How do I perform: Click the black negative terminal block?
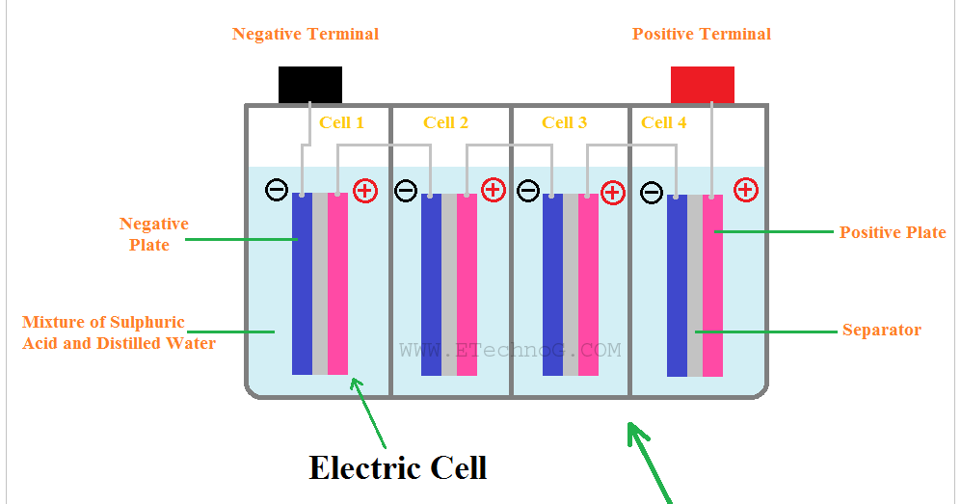pos(309,85)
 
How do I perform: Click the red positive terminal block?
pos(702,85)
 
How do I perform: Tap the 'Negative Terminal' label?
pos(306,35)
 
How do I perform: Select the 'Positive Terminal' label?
pos(701,35)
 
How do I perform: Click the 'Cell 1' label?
pos(342,122)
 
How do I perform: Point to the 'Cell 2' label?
pos(445,122)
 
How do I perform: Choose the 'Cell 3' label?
pos(564,122)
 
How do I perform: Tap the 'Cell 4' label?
pos(663,122)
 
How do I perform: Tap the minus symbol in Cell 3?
pos(527,191)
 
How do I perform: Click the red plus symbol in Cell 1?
pos(364,191)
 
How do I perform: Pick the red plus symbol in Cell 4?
pos(745,189)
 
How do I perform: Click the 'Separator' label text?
pos(881,331)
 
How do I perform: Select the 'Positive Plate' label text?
pos(892,232)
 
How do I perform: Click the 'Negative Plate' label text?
pos(153,234)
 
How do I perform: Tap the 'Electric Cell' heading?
pos(397,467)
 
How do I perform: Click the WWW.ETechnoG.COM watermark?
pos(510,351)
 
